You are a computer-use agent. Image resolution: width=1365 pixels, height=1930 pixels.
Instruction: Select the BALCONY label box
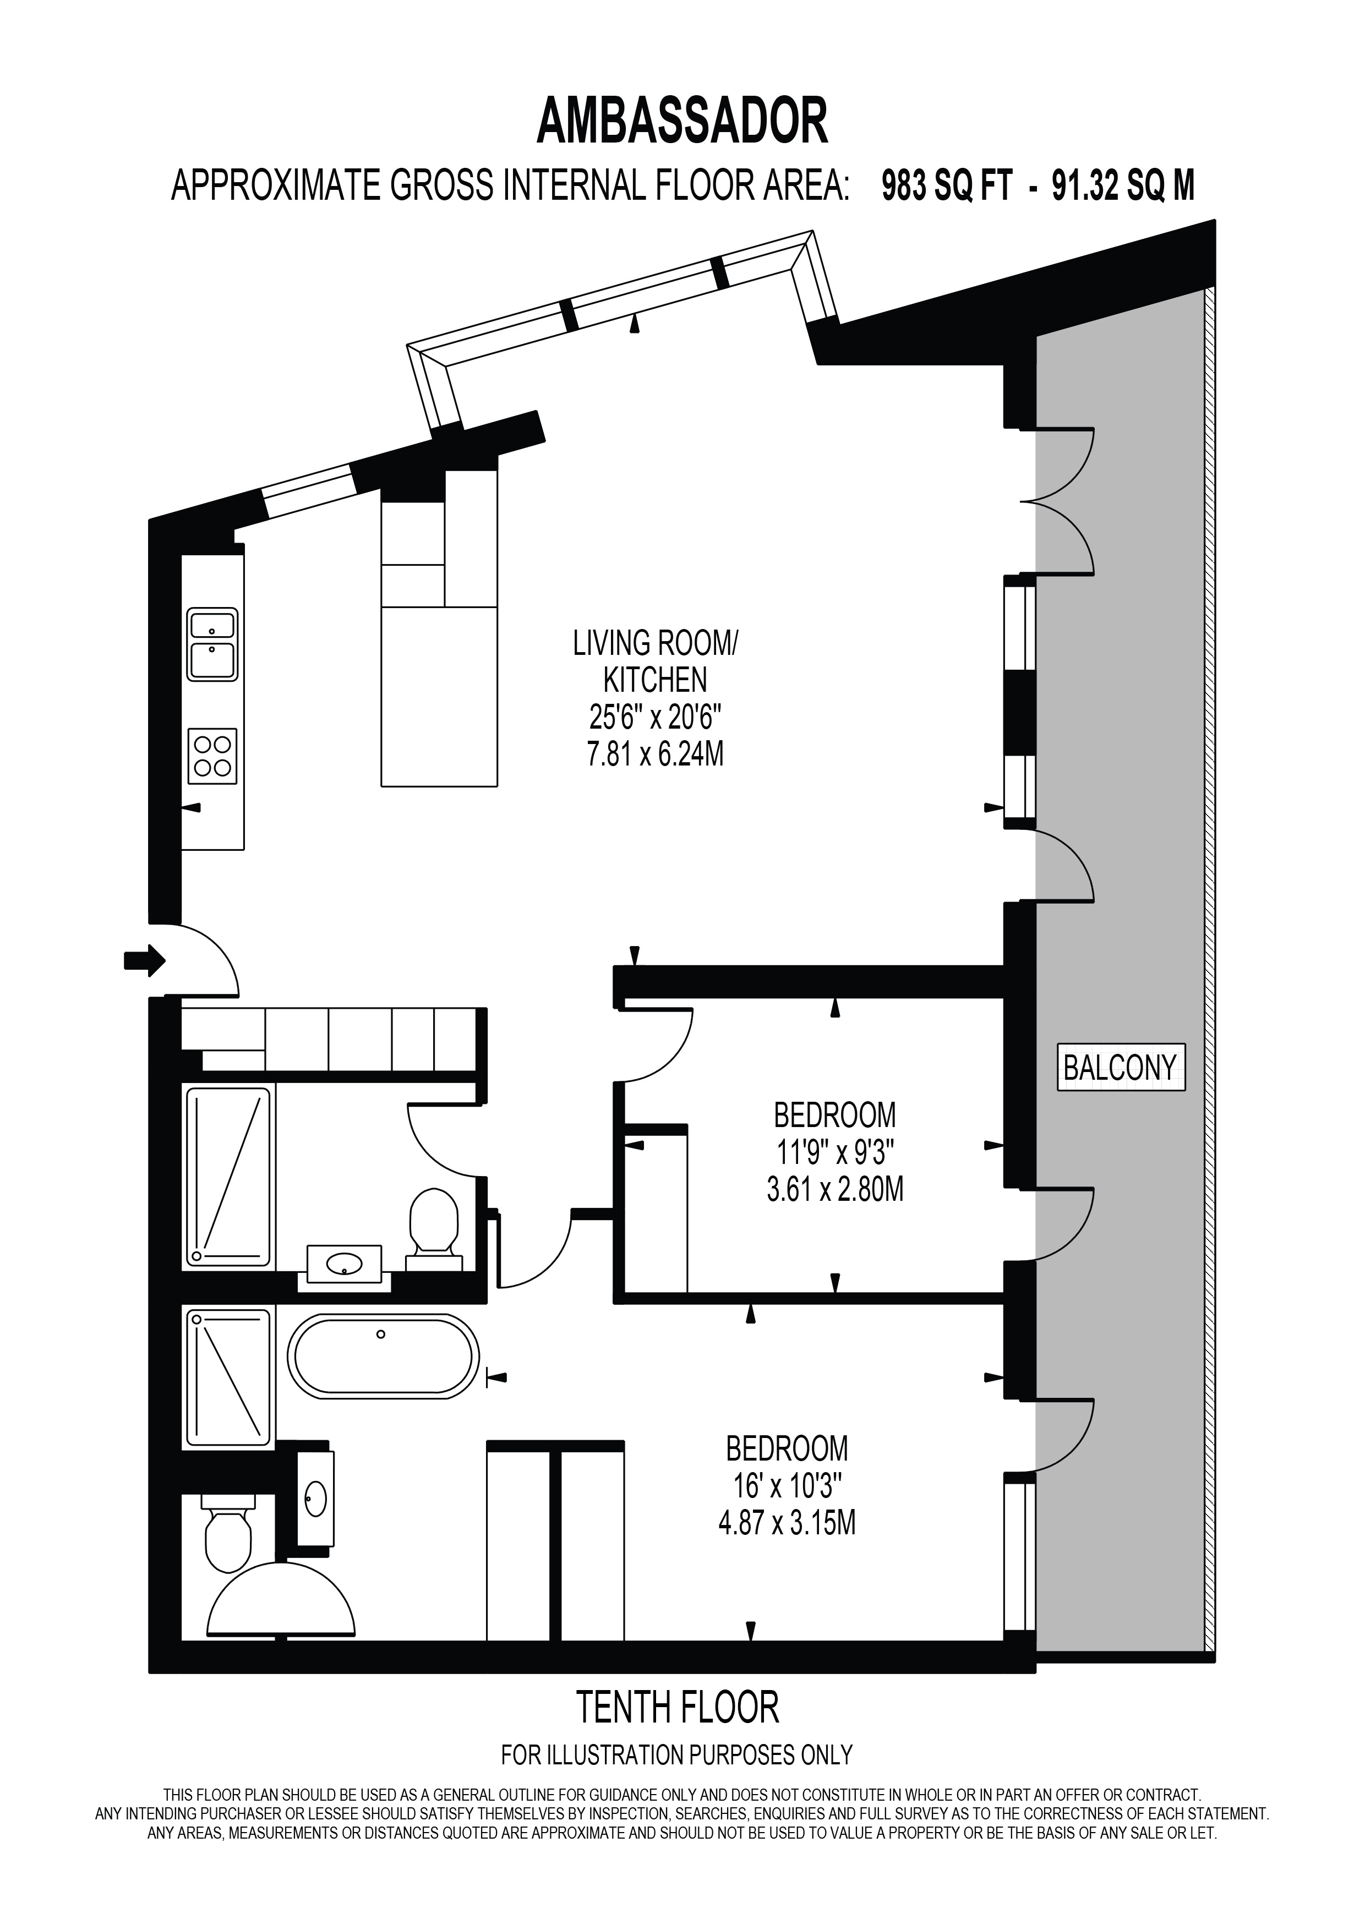click(x=1121, y=1068)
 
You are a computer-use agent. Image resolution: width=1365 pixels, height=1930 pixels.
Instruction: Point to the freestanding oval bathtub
click(x=383, y=1357)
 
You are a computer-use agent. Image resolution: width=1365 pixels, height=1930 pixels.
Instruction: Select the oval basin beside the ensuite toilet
click(x=315, y=1498)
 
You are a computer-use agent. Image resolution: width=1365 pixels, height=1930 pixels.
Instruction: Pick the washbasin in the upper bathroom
click(x=345, y=1264)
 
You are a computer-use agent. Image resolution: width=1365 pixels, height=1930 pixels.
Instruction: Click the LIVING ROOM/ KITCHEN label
click(x=655, y=661)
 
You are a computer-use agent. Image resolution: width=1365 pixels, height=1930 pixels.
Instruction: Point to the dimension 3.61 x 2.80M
click(x=834, y=1190)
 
